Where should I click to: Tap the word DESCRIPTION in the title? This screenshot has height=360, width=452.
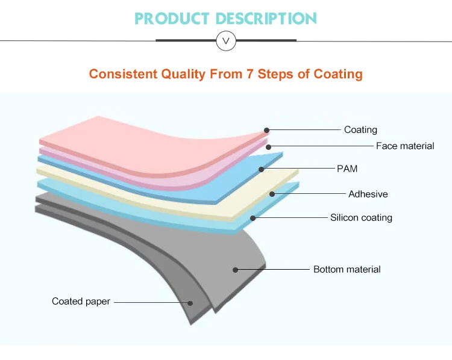point(267,19)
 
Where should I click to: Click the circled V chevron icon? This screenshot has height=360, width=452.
point(226,41)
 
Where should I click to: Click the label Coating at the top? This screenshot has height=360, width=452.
point(360,129)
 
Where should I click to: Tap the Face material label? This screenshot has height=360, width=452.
point(405,146)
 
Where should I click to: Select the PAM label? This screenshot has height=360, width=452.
point(347,169)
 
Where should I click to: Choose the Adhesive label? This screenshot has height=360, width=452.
point(368,194)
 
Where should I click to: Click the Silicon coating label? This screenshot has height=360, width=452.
point(361,217)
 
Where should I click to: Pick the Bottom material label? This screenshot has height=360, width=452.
point(347,269)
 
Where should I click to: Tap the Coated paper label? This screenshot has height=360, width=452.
point(81,301)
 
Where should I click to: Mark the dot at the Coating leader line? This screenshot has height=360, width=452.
point(267,130)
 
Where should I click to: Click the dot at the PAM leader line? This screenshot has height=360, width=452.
point(262,169)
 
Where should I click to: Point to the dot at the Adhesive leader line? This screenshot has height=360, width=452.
point(272,194)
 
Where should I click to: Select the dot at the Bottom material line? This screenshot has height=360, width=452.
point(236,270)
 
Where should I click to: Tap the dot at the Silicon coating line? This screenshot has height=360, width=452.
point(253,217)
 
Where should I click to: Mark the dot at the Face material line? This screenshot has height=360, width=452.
point(269,146)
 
